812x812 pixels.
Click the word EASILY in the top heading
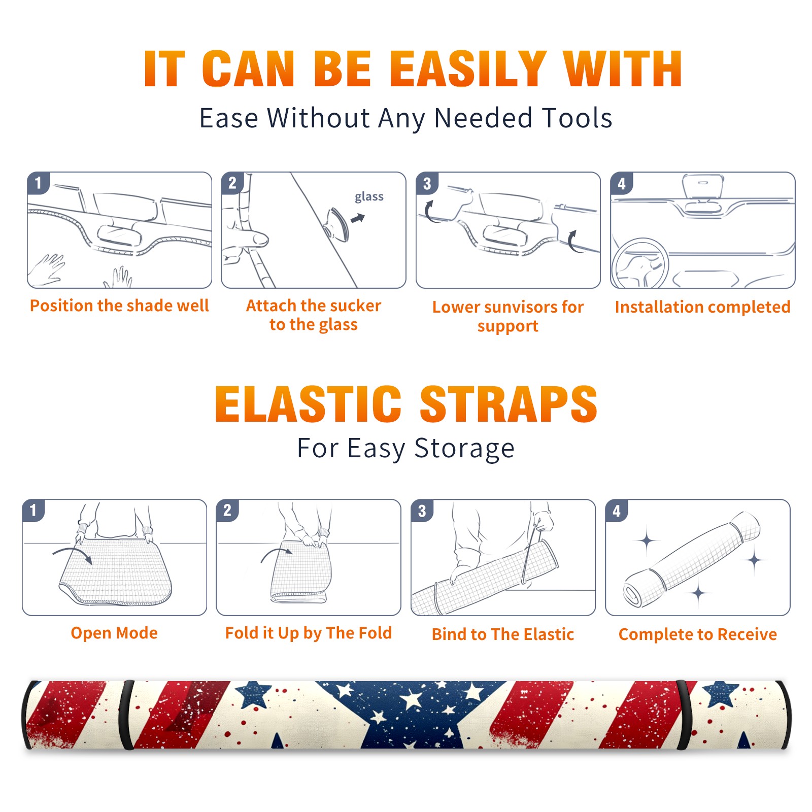coord(468,69)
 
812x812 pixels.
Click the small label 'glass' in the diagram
coord(369,196)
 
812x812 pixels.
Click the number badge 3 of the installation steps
coord(427,183)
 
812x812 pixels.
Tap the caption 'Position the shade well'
coord(119,306)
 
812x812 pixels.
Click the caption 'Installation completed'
coord(702,307)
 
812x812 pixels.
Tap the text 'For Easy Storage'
coord(405,449)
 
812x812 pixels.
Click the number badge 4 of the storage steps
coord(617,511)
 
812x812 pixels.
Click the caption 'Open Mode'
coord(114,633)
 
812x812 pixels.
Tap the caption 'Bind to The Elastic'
coord(503,634)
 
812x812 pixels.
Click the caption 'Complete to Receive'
coord(698,634)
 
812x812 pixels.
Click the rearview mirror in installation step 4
coord(702,187)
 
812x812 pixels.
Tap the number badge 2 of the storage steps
coord(227,511)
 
